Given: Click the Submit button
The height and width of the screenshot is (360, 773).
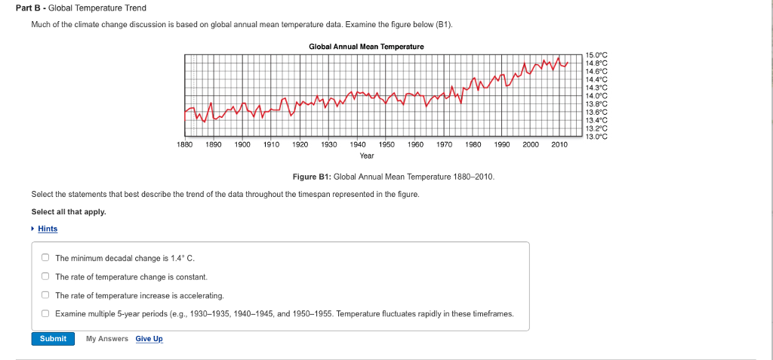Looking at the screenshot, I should pos(53,338).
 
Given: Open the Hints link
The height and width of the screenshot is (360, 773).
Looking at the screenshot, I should pos(48,229).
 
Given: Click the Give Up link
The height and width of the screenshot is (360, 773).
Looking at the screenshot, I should pos(149,339).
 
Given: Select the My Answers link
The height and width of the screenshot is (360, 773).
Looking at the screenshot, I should pos(106,339).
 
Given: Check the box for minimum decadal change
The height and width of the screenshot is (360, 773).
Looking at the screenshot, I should pos(45,258).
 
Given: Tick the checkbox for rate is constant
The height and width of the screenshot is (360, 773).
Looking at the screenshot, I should pos(45,277).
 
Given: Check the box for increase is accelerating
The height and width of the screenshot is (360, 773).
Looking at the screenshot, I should pos(45,295).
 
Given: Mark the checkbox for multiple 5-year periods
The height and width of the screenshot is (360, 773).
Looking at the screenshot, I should pos(45,313).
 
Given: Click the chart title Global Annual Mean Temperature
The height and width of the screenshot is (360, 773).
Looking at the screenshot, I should pos(366,47).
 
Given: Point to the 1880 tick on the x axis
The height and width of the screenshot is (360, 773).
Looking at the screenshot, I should pos(184,143).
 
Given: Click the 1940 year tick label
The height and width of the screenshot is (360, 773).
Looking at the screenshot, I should pos(358,143).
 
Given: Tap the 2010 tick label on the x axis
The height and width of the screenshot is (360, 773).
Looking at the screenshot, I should pos(559,143).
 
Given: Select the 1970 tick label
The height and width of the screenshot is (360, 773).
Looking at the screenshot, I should pos(445,143).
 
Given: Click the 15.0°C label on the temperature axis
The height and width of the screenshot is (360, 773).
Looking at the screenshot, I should pos(596,56).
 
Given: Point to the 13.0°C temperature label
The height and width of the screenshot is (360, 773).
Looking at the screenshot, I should pos(596,136).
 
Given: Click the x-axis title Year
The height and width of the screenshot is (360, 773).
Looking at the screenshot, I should pos(367,155).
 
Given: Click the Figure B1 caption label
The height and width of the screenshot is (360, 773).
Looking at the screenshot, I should pos(312,176).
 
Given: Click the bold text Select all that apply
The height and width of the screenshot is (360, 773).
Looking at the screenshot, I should pos(69,211).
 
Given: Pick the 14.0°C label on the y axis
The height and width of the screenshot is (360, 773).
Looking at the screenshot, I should pos(596,96).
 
